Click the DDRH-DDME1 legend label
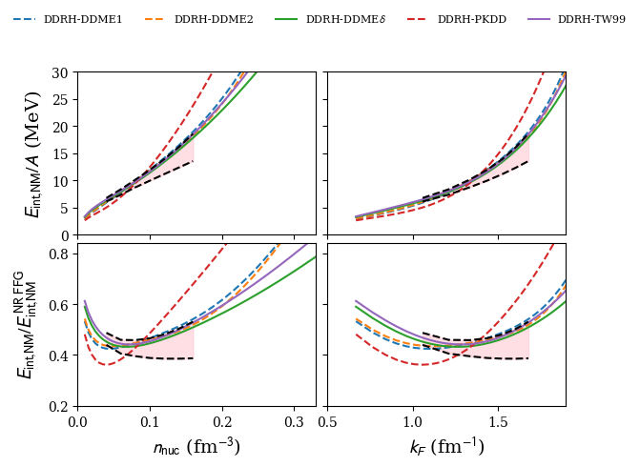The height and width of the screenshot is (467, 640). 83,19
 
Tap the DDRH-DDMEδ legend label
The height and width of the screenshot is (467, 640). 344,19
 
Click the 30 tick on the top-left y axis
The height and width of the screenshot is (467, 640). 61,72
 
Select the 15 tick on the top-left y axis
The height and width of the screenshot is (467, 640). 61,153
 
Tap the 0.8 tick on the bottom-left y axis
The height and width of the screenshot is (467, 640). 58,254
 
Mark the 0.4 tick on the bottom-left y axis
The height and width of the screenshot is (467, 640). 58,355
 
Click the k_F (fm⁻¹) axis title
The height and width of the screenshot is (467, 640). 445,446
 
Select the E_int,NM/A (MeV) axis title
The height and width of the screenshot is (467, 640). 33,153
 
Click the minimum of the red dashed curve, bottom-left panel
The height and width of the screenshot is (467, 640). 108,364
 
